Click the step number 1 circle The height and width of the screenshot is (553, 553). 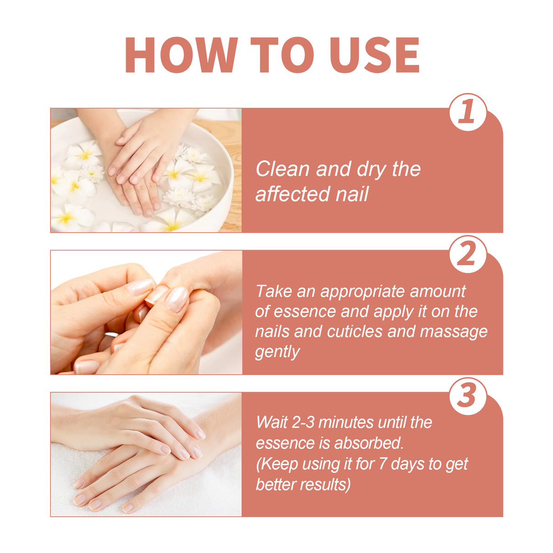point(468,112)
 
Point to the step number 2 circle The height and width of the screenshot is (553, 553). point(468,254)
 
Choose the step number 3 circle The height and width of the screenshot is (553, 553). point(468,396)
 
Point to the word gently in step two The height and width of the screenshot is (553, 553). point(277,352)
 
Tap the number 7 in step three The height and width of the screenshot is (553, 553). point(383,464)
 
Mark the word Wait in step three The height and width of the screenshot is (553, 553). point(272,422)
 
